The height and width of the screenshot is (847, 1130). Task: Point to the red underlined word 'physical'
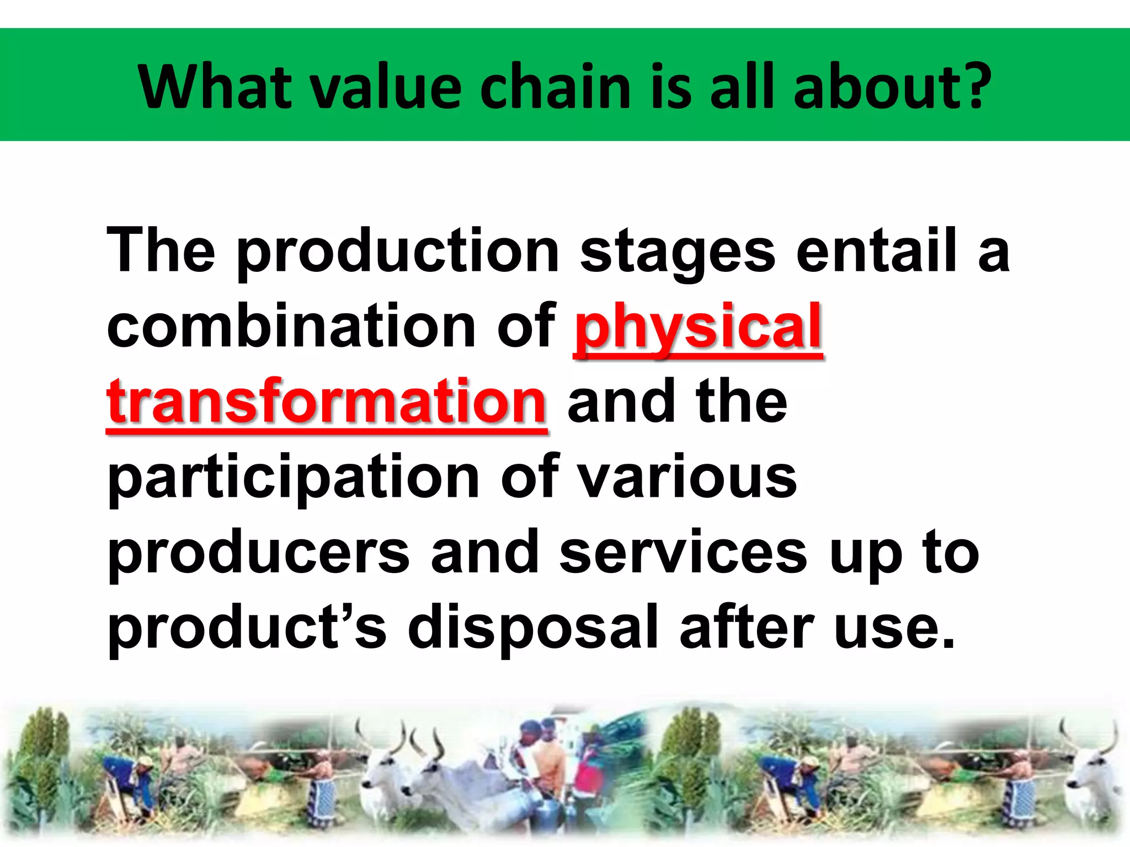pos(699,328)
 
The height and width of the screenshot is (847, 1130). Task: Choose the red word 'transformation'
pos(327,403)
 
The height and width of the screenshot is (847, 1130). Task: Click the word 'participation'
pos(293,479)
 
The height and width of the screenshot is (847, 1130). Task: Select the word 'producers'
pos(259,554)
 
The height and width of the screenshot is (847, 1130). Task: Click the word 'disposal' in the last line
pos(533,629)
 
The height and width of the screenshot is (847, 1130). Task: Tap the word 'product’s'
pos(247,629)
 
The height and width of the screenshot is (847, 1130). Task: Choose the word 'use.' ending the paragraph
pos(894,629)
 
